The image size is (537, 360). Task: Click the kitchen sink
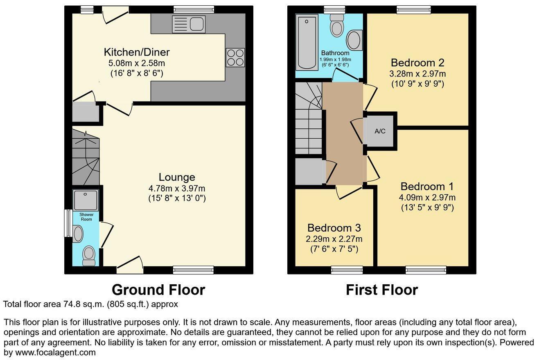point(189,24)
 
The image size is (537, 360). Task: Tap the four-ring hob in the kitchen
point(235,57)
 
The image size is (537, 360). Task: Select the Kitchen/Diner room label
point(137,52)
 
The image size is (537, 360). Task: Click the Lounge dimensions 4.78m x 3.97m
point(177,189)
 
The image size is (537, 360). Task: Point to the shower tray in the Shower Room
point(86,200)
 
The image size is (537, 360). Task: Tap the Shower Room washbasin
point(78,234)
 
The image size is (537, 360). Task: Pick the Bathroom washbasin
point(354,40)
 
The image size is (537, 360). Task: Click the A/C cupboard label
point(380,131)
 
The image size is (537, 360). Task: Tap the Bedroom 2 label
point(417,63)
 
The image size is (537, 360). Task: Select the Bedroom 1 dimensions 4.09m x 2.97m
point(427,198)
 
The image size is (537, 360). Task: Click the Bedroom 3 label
point(334,228)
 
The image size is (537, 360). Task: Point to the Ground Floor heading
point(158,290)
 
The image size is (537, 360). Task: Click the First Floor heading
point(381,290)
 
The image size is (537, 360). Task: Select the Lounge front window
point(193,270)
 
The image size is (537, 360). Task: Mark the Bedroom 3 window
point(347,270)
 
